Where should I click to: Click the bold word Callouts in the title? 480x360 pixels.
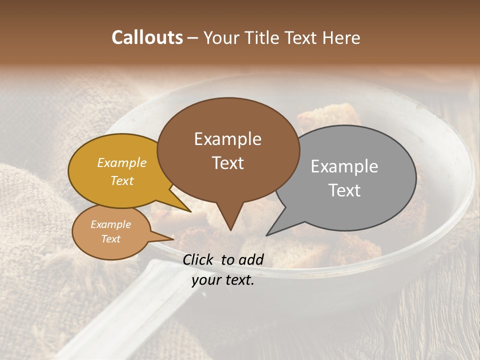147,37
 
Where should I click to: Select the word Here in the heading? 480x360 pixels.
341,37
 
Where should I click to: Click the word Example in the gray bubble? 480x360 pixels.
344,166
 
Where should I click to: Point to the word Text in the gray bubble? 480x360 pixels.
344,190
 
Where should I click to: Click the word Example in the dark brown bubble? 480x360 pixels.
227,139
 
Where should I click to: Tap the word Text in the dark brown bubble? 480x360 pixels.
227,163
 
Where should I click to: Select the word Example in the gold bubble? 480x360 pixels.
122,163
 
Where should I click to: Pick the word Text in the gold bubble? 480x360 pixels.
122,180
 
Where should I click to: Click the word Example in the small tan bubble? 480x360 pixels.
110,224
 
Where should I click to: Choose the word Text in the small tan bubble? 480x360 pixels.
110,239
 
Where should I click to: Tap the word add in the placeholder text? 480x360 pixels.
250,259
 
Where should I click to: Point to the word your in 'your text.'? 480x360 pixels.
206,280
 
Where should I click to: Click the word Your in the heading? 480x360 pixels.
221,37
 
